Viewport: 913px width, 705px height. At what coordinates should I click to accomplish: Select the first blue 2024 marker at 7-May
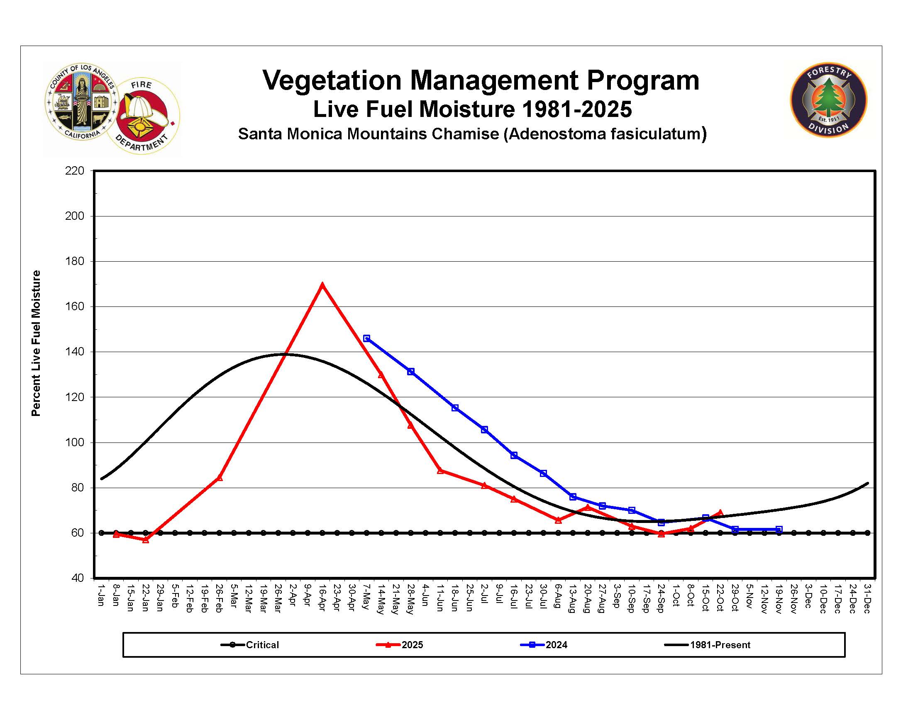(366, 338)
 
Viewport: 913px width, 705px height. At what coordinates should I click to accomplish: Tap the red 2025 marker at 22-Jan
(146, 540)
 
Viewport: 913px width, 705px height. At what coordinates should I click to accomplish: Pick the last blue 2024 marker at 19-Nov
(779, 529)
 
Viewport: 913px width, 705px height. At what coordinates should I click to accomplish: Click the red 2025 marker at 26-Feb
(220, 477)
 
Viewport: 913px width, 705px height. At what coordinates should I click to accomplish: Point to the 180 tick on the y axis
(75, 261)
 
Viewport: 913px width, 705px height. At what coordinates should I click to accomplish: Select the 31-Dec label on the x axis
(867, 599)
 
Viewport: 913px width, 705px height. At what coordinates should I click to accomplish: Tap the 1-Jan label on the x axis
(101, 595)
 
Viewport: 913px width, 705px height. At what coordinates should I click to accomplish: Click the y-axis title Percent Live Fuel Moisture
(36, 343)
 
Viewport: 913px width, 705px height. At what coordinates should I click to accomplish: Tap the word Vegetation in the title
(332, 80)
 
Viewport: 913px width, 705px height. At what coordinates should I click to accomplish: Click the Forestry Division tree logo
(828, 100)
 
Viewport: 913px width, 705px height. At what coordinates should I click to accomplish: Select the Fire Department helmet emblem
(143, 116)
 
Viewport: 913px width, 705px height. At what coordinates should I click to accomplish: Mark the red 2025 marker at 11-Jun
(440, 470)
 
